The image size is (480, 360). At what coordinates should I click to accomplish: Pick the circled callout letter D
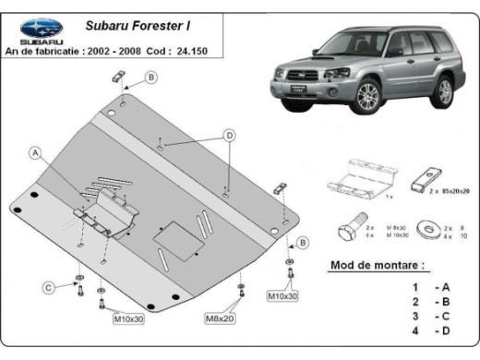[x=227, y=136]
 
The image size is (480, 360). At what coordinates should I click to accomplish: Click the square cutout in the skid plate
[x=172, y=237]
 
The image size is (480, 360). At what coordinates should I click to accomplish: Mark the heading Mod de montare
[x=378, y=266]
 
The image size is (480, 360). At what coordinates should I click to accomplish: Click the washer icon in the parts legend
[x=429, y=227]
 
